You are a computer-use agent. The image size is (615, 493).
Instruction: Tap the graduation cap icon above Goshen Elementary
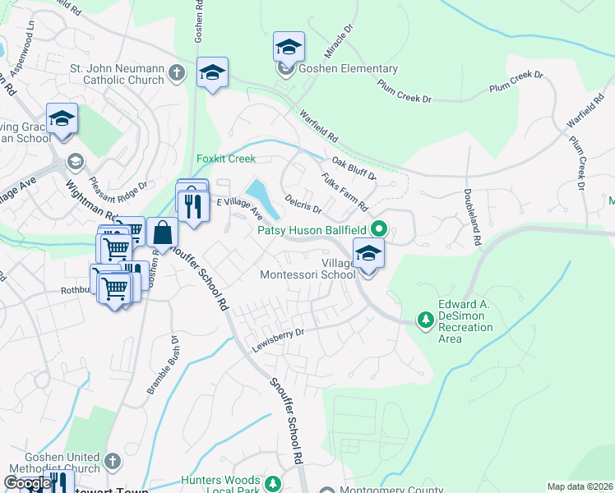pos(289,47)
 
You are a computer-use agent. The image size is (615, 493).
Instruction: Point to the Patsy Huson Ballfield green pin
pos(379,229)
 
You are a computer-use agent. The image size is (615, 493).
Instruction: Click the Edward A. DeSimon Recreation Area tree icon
pos(425,317)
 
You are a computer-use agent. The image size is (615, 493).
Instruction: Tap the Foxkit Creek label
pos(226,159)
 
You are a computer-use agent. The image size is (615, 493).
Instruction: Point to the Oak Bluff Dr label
pos(354,169)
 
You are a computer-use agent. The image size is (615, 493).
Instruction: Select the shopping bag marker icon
pos(164,233)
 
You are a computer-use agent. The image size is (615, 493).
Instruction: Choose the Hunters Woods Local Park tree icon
pos(273,481)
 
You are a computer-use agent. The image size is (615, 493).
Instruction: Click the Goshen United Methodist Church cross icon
pos(113,460)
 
